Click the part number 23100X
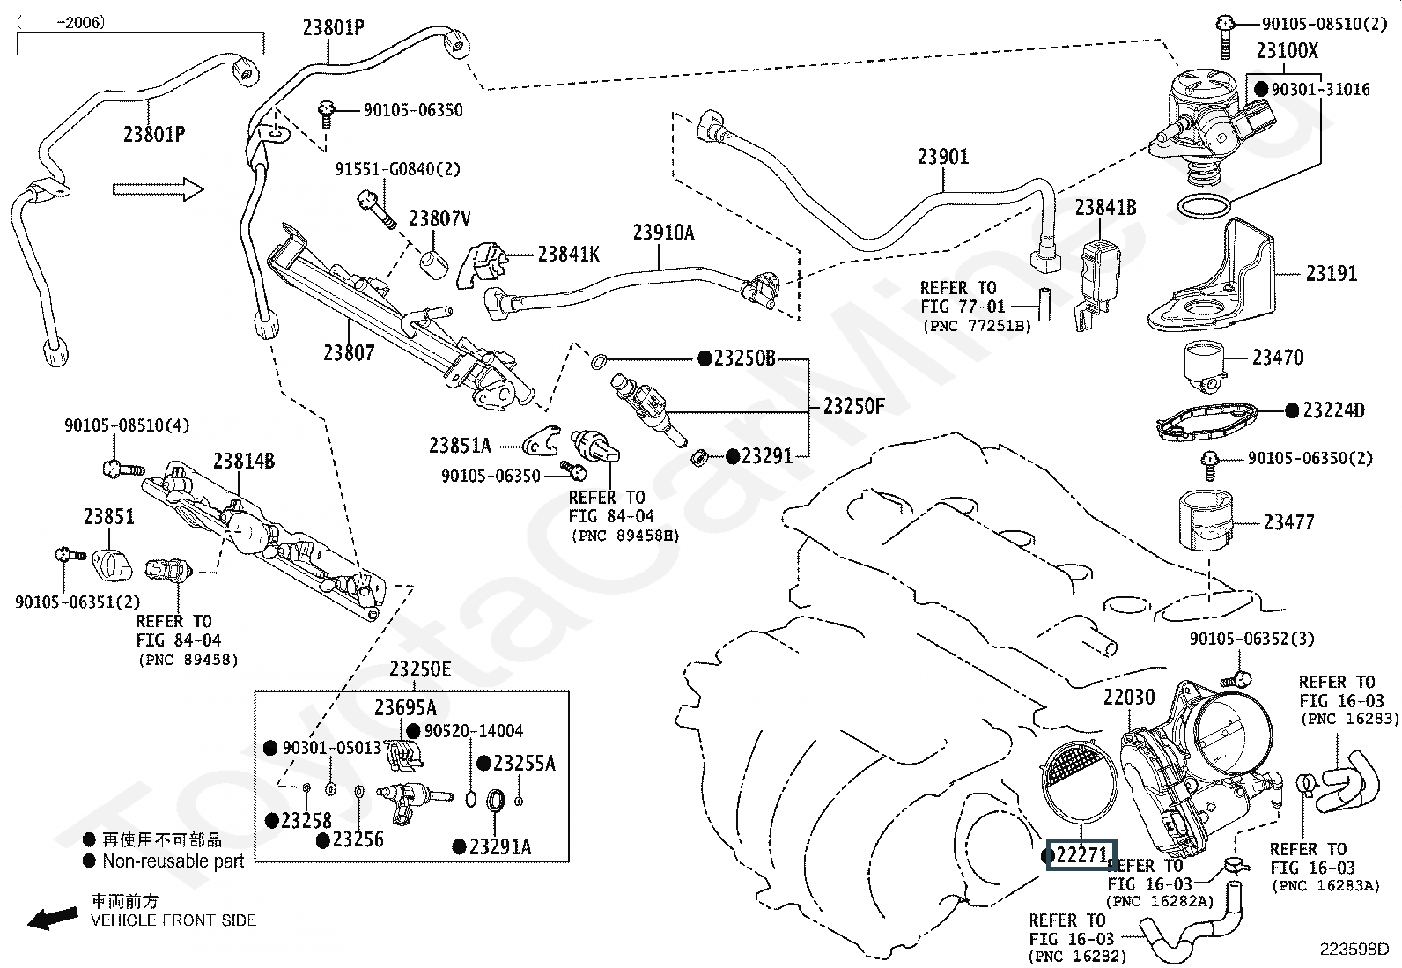pos(1287,51)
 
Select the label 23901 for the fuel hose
pos(942,157)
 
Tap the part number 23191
pos(1331,273)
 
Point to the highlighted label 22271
pos(1081,854)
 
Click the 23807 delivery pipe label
pos(349,352)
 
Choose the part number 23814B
pos(244,461)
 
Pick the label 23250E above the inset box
pos(420,669)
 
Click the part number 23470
pos(1278,357)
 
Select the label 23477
pos(1288,522)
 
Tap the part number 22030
pos(1128,698)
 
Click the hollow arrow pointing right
pos(158,188)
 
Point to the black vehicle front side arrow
pos(52,918)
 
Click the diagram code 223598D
pos(1353,949)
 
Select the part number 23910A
pos(662,233)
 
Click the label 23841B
pos(1105,207)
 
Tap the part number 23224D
pos(1332,410)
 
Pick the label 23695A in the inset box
pos(405,707)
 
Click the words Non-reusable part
pos(173,861)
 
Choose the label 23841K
pos(568,254)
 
